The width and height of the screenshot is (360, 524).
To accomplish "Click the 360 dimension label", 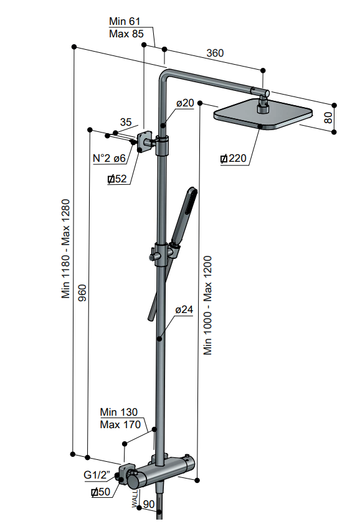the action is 215,53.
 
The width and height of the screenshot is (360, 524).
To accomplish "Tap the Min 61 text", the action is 125,21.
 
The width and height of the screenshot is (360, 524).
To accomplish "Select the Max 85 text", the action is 126,34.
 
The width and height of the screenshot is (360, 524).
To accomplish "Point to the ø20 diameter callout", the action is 185,103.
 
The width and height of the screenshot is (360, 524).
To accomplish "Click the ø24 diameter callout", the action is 184,310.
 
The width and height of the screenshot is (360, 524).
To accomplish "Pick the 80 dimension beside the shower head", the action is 329,118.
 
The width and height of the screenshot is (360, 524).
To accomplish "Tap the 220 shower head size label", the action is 234,159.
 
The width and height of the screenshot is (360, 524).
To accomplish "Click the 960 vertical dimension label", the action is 82,292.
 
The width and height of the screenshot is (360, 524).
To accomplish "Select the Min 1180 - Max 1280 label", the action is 65,249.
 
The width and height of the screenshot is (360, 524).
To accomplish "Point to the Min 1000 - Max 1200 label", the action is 207,305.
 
